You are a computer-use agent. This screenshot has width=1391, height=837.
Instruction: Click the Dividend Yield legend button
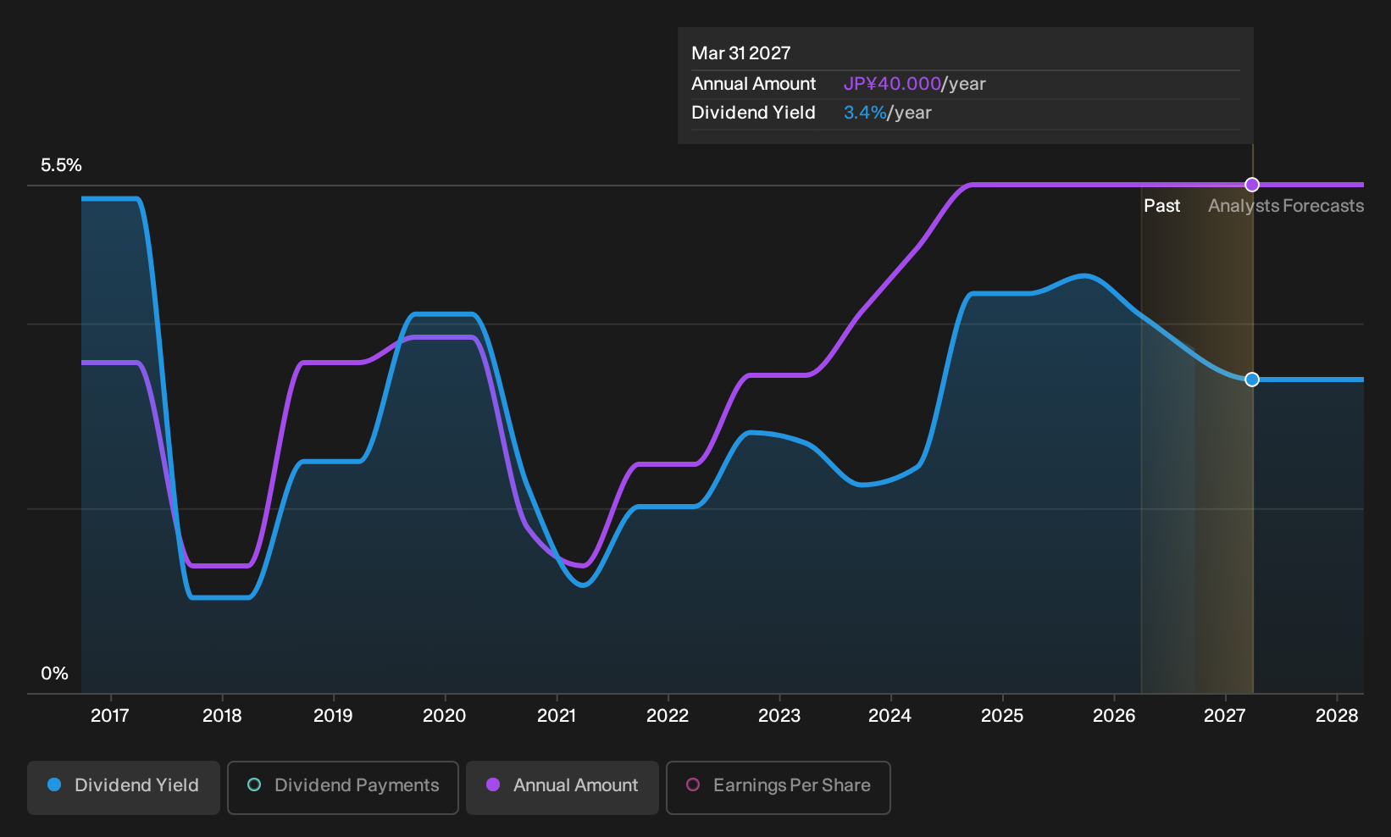(124, 787)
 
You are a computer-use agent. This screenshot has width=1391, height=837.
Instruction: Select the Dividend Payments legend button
(343, 787)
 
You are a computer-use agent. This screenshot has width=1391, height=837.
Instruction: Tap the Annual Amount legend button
(562, 787)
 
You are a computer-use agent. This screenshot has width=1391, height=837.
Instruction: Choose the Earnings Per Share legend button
(778, 787)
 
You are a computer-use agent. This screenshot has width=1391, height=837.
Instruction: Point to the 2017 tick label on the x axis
(110, 716)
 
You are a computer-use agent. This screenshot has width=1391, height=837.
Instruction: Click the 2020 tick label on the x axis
(445, 716)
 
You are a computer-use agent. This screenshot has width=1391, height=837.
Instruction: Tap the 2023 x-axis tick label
(779, 716)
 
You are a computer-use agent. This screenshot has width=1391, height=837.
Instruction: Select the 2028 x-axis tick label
(1337, 716)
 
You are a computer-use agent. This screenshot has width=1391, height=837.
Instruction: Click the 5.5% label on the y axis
(62, 165)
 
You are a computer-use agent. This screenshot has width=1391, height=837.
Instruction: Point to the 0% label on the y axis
(55, 673)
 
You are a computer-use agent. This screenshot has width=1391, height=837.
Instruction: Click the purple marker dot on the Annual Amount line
(1252, 185)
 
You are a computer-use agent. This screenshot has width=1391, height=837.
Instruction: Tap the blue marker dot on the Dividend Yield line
(1252, 380)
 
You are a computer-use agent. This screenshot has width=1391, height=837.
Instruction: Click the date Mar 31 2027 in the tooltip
(741, 53)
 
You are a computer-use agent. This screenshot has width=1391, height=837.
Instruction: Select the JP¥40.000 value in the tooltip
(892, 84)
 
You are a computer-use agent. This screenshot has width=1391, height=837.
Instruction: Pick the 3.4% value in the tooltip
(865, 113)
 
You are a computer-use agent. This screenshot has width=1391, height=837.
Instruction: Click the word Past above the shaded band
(1162, 206)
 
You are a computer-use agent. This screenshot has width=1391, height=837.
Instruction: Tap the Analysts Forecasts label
(1286, 206)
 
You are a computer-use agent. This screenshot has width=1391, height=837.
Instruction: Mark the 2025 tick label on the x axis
(1002, 716)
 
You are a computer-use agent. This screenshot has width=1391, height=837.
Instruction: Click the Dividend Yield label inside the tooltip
(753, 113)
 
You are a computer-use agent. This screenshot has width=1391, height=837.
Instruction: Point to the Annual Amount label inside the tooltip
(753, 84)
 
